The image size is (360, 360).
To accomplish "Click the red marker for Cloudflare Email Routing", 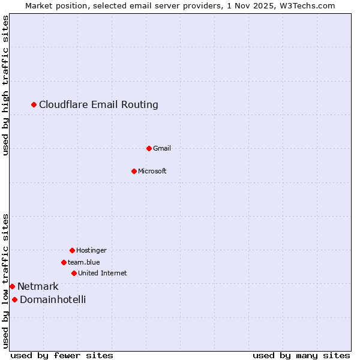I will [x=34, y=105].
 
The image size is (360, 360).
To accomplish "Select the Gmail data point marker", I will [x=149, y=148].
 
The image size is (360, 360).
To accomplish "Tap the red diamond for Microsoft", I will [x=134, y=171].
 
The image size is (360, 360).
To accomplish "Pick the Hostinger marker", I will [x=72, y=250].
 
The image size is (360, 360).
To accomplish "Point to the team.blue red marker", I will [x=64, y=262].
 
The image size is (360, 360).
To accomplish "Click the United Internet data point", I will [x=74, y=273].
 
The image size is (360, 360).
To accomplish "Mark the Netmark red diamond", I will [x=12, y=287].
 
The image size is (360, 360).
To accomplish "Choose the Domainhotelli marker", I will [x=14, y=299].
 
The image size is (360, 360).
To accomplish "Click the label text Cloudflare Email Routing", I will [x=98, y=105].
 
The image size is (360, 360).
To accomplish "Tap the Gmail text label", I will [x=162, y=148].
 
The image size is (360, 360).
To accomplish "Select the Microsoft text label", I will [x=152, y=171].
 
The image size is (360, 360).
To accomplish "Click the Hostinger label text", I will [x=91, y=250].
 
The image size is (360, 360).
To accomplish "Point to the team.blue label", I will [x=84, y=262].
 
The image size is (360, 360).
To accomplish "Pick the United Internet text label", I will [x=103, y=273].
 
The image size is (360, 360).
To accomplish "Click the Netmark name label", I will [x=38, y=287].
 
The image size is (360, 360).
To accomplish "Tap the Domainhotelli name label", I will [x=53, y=299].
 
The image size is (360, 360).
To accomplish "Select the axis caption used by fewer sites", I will [x=62, y=355].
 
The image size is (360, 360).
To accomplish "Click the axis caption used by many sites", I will [x=301, y=355].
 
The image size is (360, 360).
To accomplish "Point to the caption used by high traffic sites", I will [x=5, y=85].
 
